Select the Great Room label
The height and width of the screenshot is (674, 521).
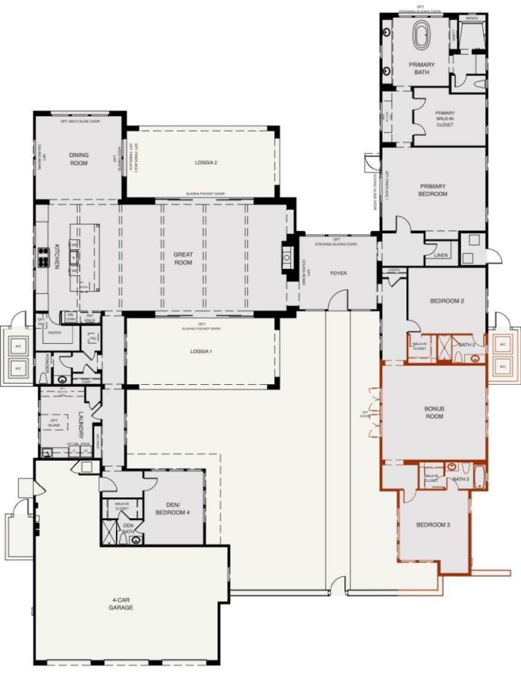pos(183,258)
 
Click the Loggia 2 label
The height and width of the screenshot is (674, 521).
pos(205,163)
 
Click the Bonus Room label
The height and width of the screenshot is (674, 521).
pos(434,412)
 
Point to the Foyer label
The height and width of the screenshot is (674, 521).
pos(337,273)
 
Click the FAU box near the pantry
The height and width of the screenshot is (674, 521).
pos(92,339)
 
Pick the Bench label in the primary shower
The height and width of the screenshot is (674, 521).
pos(472,18)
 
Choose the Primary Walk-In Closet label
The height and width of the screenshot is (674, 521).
pos(445,118)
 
